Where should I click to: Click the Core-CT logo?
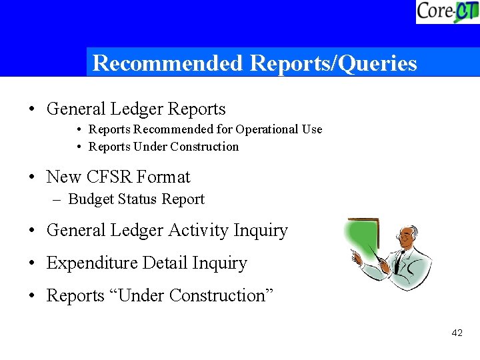447,11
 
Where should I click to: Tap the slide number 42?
457,333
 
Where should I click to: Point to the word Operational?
267,129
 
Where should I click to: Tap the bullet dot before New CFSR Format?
33,178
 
